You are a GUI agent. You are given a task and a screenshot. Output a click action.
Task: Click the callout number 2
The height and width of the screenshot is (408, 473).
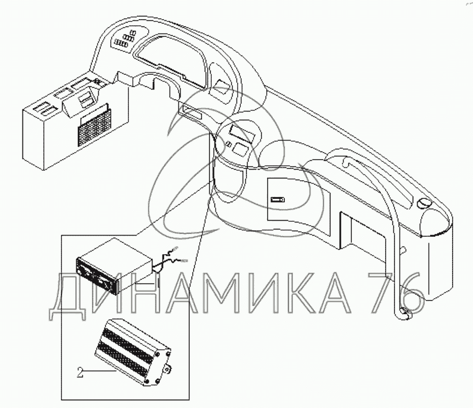tap(80, 373)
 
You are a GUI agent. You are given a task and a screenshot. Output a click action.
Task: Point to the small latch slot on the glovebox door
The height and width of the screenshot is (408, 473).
tap(277, 199)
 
